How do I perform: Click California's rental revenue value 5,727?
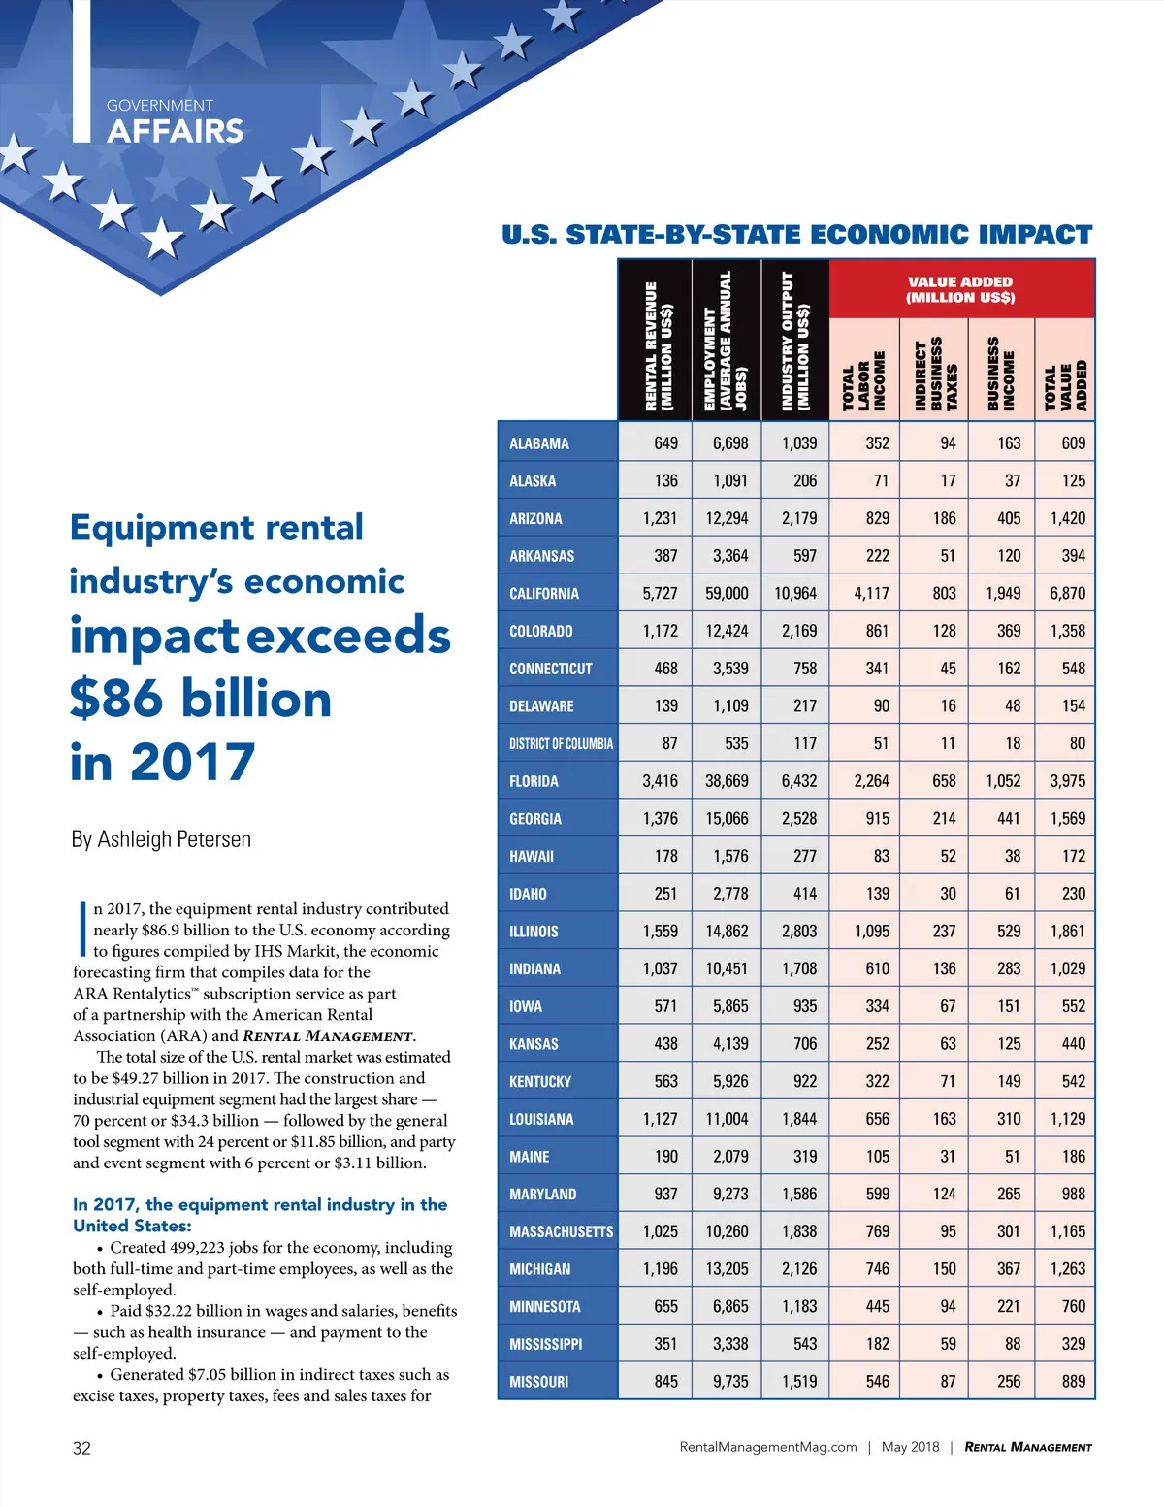pos(660,593)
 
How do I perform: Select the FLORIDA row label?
pos(533,781)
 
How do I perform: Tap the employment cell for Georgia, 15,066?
pos(727,819)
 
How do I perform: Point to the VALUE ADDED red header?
pos(960,289)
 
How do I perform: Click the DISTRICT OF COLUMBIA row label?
pos(561,744)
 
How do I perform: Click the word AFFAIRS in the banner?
pos(176,131)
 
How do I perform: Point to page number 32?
pos(82,1448)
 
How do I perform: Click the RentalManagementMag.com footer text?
pos(768,1447)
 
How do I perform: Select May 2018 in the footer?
pos(910,1447)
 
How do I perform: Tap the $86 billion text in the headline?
pos(201,699)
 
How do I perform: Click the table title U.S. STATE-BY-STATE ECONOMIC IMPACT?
pos(796,235)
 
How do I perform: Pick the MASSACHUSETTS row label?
pos(561,1232)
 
